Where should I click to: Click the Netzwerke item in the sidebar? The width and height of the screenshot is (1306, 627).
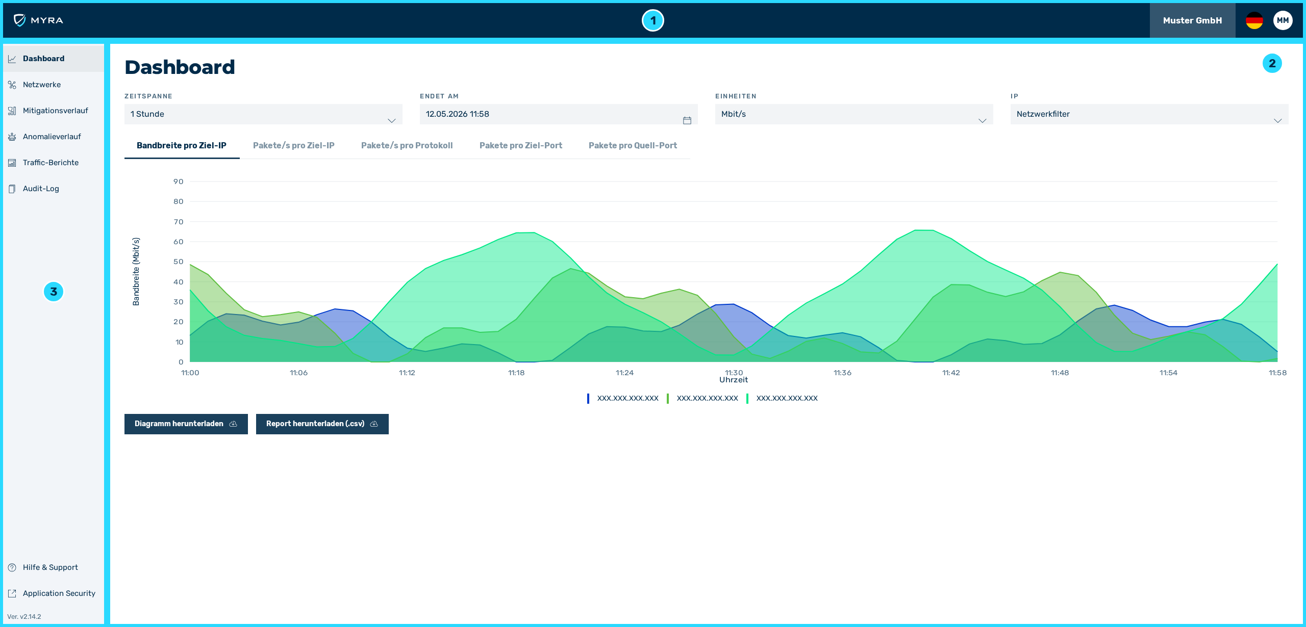point(42,85)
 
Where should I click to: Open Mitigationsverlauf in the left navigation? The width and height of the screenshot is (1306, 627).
point(55,111)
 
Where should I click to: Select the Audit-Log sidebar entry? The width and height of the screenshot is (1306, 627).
point(41,189)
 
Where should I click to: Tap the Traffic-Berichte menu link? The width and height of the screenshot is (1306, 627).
point(51,163)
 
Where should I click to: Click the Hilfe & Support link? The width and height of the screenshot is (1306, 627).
point(50,567)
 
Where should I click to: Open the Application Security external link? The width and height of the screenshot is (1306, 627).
point(59,593)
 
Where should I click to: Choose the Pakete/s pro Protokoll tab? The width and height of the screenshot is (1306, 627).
point(407,146)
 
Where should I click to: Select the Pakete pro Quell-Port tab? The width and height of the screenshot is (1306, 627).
point(633,146)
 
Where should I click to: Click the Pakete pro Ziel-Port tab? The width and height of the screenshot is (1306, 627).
point(520,146)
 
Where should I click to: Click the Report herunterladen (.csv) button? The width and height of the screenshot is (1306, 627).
point(322,424)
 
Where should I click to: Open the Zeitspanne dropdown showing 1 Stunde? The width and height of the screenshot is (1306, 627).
point(263,114)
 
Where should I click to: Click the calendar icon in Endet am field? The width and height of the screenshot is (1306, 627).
point(687,120)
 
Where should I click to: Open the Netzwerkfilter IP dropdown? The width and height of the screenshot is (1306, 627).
point(1149,114)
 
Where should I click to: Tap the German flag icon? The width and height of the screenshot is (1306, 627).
point(1254,20)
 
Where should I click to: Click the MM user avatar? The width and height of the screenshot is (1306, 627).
point(1283,20)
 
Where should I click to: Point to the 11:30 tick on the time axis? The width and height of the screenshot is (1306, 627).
point(734,373)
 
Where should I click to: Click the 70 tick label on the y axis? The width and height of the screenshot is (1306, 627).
point(178,222)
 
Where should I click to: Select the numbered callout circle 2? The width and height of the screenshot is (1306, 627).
point(1272,63)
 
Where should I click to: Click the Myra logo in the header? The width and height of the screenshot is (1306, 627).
point(38,20)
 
